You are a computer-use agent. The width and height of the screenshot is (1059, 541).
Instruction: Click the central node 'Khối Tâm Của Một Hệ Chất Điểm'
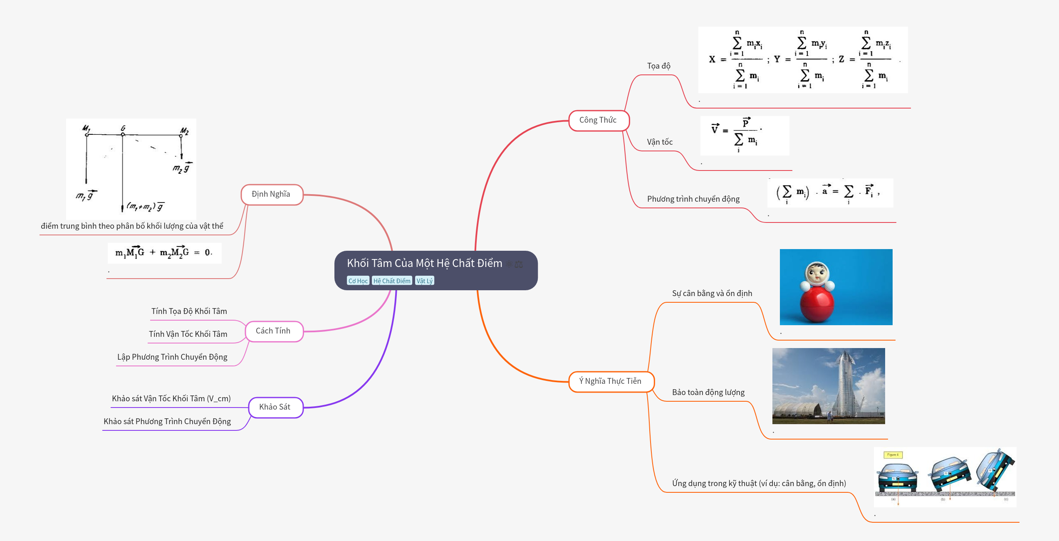[424, 263]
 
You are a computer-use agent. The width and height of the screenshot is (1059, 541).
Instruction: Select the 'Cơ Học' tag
[358, 281]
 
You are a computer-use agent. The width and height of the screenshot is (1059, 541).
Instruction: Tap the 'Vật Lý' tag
[424, 281]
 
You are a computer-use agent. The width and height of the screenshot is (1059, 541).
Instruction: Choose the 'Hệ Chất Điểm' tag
[391, 281]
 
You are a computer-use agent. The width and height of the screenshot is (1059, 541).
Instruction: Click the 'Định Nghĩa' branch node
[271, 194]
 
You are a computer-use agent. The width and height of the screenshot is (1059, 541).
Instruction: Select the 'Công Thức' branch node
[598, 120]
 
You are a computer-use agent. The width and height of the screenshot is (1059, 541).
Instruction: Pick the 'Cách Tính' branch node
[273, 331]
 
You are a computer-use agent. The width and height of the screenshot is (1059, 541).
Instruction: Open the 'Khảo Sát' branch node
[275, 407]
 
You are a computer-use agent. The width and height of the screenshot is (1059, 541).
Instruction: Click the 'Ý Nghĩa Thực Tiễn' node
[610, 381]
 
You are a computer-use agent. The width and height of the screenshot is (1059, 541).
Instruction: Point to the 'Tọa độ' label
[658, 66]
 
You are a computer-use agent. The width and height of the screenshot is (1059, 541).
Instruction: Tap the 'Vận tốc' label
[660, 142]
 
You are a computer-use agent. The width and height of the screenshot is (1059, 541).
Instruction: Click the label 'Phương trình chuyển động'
[693, 199]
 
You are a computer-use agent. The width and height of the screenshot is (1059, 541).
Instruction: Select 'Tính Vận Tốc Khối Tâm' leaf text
[188, 334]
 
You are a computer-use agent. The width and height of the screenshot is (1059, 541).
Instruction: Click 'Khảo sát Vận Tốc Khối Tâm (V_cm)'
[171, 399]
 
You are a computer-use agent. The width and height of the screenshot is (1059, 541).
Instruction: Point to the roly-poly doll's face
[817, 274]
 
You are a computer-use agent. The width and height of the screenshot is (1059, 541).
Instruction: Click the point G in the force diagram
[123, 134]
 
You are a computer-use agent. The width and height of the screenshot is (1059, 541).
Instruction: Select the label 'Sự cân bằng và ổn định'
[712, 294]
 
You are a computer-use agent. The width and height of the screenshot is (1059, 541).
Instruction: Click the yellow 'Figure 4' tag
[893, 455]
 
